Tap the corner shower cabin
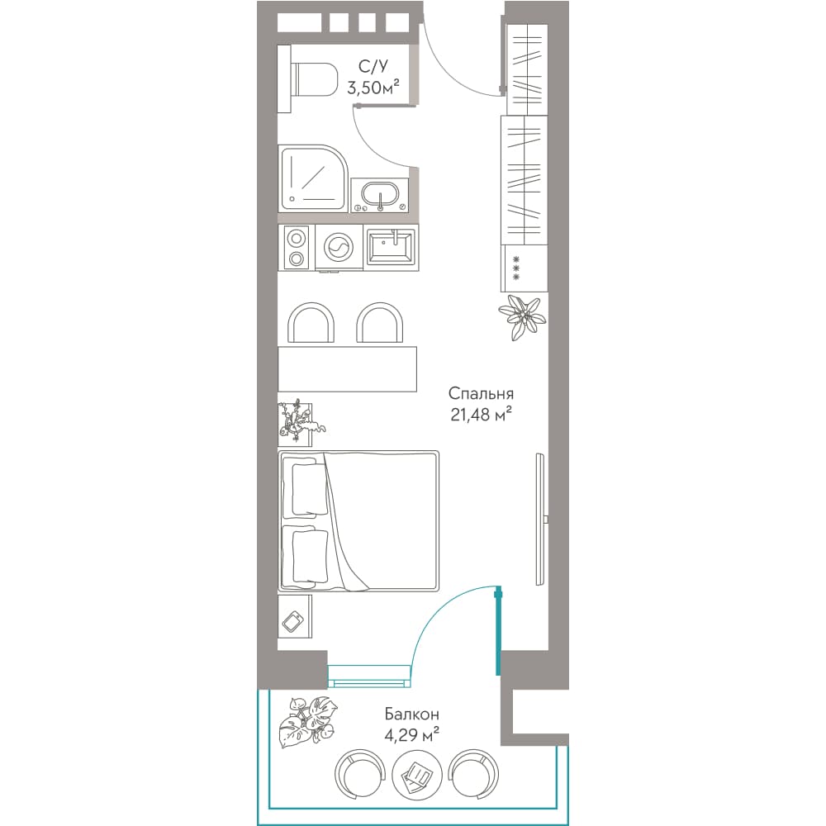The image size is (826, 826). pyautogui.click(x=313, y=178)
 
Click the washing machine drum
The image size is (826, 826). pyautogui.click(x=339, y=246)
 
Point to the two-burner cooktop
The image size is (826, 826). pyautogui.click(x=296, y=248)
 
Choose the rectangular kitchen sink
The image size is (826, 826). pyautogui.click(x=392, y=248)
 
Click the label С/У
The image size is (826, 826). pyautogui.click(x=373, y=66)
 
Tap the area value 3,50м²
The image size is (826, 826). pyautogui.click(x=373, y=88)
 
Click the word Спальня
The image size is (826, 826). pyautogui.click(x=481, y=394)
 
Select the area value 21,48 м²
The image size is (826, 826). pyautogui.click(x=481, y=415)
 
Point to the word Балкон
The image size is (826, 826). pyautogui.click(x=411, y=714)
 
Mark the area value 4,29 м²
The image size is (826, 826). pyautogui.click(x=411, y=734)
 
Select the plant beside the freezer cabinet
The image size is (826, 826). pyautogui.click(x=522, y=317)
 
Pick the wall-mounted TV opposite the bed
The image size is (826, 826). pyautogui.click(x=540, y=519)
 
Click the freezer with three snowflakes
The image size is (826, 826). pyautogui.click(x=525, y=268)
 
